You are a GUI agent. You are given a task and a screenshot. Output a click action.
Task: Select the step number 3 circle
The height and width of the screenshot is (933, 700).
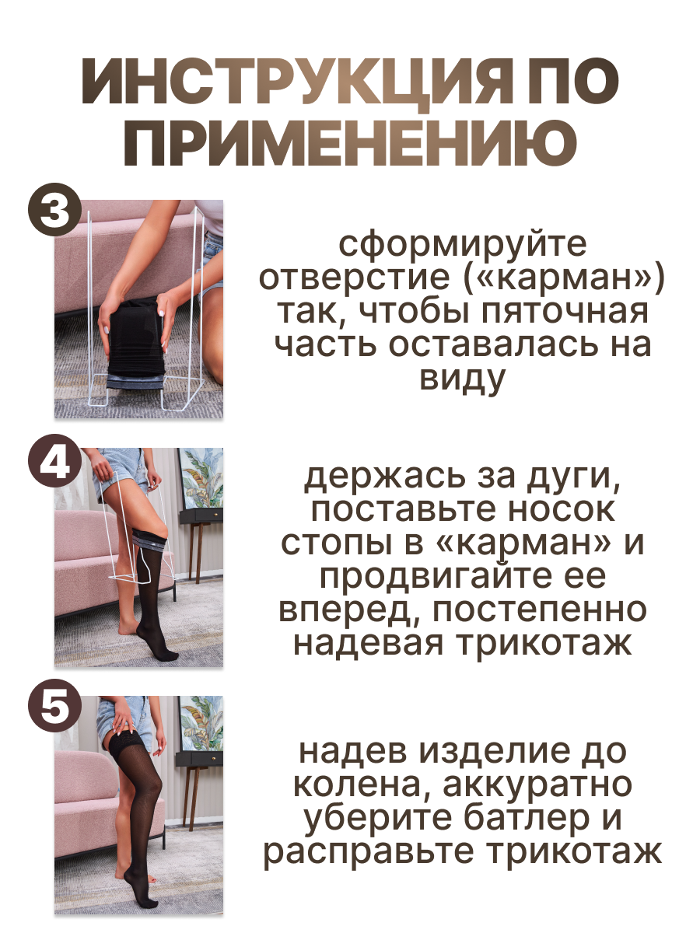pos(54,210)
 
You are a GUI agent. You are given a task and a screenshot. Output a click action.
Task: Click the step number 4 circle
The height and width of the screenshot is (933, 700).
pos(54,461)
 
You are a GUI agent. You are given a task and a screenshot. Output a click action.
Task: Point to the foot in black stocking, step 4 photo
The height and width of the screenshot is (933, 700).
pos(159,649)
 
